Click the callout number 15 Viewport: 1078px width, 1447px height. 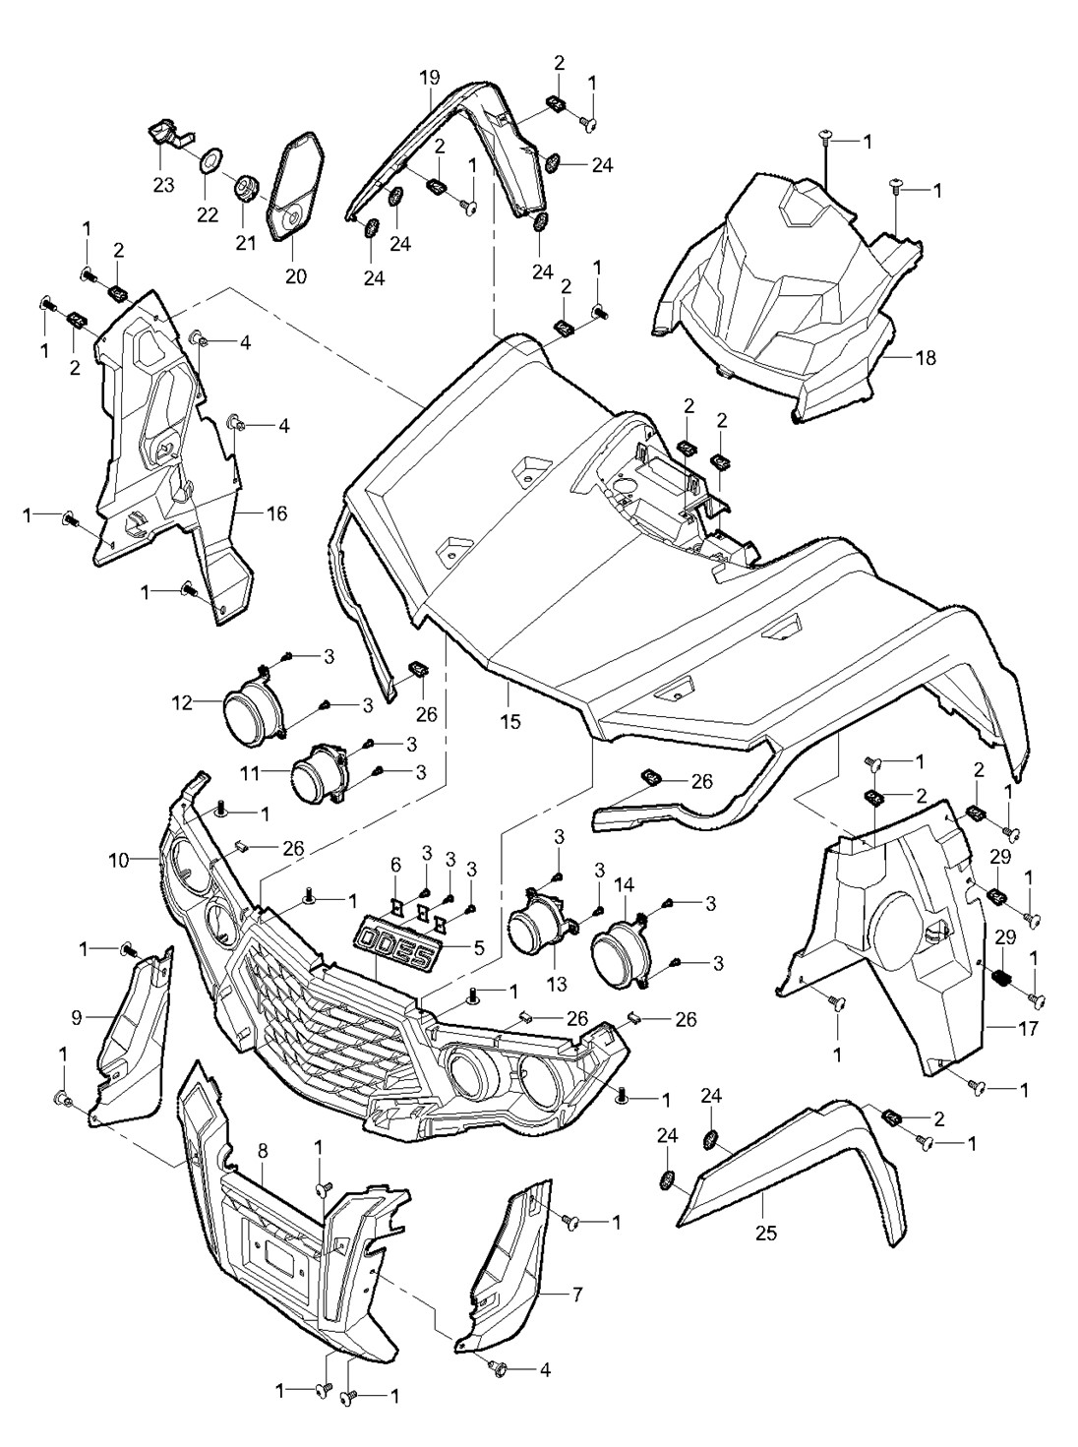point(509,722)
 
